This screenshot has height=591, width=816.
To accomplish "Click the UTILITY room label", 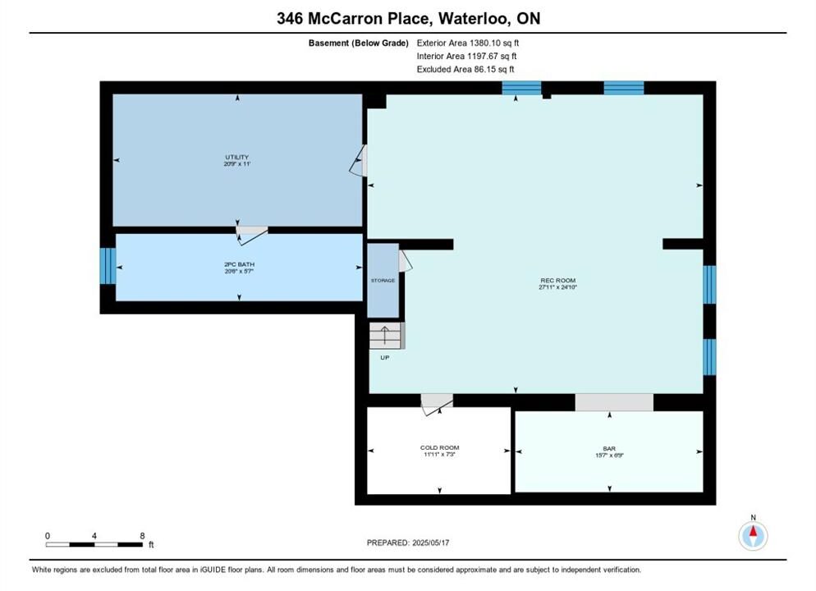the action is tap(236, 157).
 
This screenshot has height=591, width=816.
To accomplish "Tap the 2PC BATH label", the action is tap(240, 264).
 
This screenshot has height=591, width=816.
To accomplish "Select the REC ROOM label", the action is tap(558, 281).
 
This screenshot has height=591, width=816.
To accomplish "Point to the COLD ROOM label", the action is tap(440, 447).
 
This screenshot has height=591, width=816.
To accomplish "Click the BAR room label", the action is tap(609, 448).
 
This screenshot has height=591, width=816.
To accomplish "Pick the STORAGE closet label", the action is tap(383, 281).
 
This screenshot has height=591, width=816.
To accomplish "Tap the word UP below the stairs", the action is tap(384, 357).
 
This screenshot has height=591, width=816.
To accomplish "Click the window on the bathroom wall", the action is tap(108, 266).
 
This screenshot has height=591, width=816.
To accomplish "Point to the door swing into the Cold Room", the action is tap(437, 405).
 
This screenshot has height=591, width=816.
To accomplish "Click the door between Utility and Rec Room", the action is tap(359, 160).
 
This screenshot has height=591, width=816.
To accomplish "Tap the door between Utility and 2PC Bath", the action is tap(252, 235).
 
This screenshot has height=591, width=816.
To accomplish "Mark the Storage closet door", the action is tap(406, 261).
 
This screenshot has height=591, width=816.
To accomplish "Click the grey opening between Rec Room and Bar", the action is tap(614, 402).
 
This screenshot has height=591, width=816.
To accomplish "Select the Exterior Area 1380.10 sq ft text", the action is tap(468, 44).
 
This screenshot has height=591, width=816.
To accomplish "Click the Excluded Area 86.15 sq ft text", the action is tap(465, 69).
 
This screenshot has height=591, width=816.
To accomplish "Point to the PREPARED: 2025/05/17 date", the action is tap(408, 543).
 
